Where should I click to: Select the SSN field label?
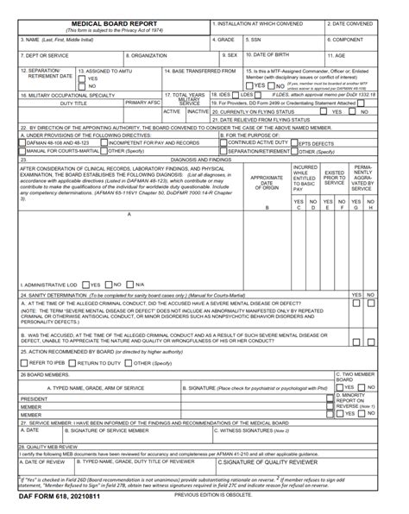coord(252,40)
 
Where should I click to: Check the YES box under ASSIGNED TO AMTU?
coord(83,78)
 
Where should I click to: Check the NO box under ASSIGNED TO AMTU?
coord(83,86)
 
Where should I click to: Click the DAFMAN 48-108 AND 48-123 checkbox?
coord(22,143)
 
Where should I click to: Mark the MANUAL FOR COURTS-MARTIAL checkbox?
coord(22,152)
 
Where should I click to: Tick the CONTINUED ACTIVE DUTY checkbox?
coord(223,143)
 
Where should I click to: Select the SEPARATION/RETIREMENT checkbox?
coord(223,152)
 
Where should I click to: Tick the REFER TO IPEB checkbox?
coord(23,363)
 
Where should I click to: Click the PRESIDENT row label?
coord(35,399)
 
